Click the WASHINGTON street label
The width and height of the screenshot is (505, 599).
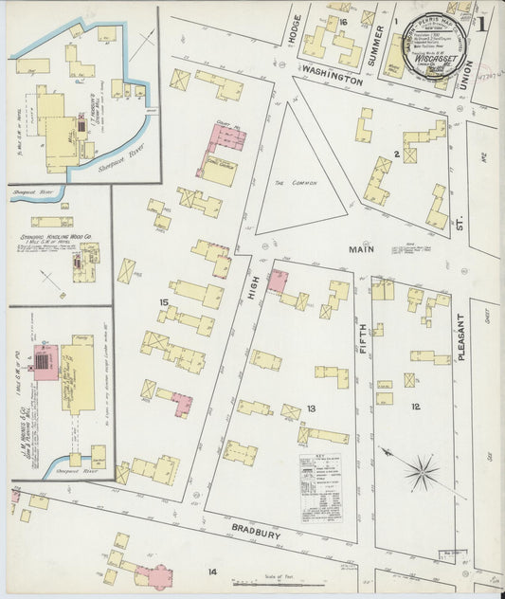(333, 82)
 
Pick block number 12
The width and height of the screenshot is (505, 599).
(415, 407)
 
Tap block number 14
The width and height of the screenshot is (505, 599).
(213, 572)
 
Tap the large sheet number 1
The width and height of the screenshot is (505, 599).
(485, 21)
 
